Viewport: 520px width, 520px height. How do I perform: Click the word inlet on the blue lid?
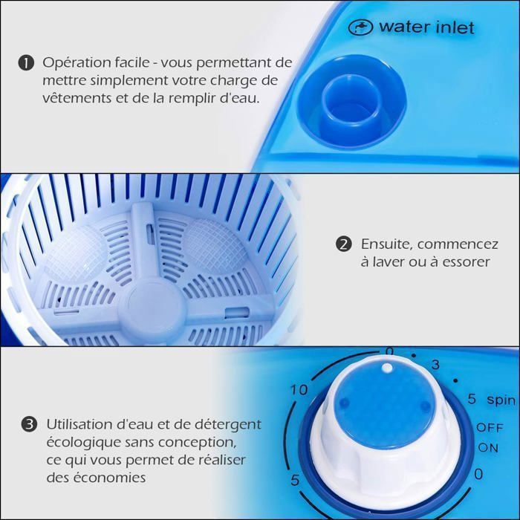point(455,27)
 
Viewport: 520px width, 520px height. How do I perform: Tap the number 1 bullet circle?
point(26,63)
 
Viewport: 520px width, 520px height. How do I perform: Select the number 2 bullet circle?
point(343,244)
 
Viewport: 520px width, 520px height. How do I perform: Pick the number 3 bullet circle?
point(29,424)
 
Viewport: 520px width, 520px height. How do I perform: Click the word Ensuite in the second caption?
point(387,244)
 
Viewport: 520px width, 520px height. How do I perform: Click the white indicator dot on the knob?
point(387,368)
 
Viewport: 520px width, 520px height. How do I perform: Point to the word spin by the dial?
point(501,400)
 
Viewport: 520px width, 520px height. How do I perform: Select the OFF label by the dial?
point(490,428)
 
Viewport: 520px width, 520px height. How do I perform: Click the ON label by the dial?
point(488,448)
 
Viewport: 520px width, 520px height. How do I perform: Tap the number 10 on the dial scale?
point(299,390)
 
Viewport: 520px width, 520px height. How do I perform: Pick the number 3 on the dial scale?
point(435,365)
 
